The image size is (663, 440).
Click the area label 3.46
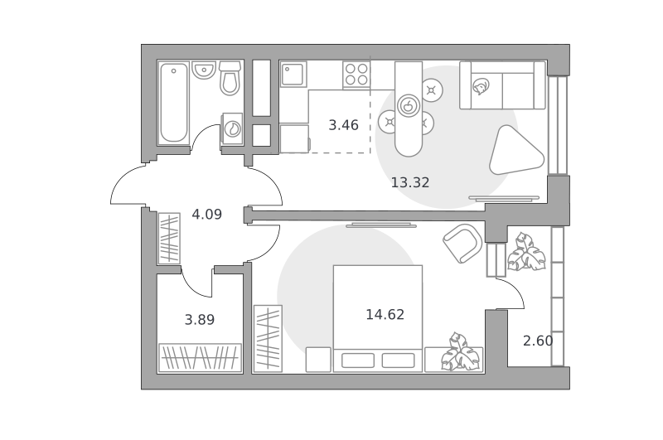[343, 125]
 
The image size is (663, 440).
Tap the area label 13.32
[409, 182]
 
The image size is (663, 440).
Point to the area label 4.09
[206, 215]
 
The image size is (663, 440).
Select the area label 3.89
[200, 320]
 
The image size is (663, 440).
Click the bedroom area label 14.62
[385, 315]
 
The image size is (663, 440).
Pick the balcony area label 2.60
[538, 341]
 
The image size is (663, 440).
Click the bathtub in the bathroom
[174, 103]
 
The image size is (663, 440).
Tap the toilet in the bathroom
[230, 78]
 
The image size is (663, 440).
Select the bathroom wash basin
[204, 70]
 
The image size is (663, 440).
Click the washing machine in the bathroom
[232, 128]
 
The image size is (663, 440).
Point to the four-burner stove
[356, 75]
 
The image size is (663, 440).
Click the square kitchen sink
[293, 75]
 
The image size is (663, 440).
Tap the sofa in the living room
[502, 85]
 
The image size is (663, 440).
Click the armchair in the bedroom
[462, 243]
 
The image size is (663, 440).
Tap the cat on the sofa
[482, 87]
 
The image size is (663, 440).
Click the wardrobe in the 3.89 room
[200, 358]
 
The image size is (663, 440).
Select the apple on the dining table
[408, 105]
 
